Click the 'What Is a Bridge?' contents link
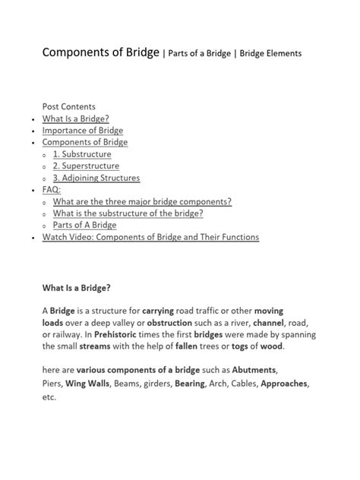76,118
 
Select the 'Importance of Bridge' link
83,130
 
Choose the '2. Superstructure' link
86,166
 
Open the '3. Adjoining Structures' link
96,178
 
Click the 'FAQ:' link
51,190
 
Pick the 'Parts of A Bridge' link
84,225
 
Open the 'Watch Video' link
150,237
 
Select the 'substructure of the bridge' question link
133,213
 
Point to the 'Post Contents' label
68,106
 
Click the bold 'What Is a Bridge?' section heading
77,288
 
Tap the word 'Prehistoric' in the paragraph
118,334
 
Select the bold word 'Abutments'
254,370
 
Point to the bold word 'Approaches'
284,384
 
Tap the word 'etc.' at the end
49,396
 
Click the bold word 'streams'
90,346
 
